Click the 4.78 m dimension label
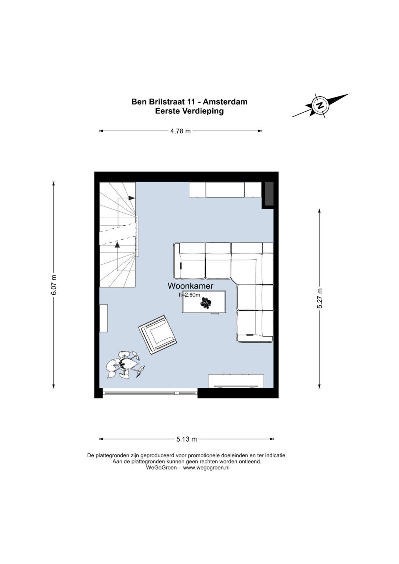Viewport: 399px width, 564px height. click(180, 131)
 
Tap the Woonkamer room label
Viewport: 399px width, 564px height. click(190, 286)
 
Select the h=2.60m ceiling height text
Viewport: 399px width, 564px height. click(189, 295)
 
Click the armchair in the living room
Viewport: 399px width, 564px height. click(158, 335)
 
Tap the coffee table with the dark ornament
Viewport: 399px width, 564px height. click(204, 302)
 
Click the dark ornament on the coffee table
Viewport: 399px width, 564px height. click(206, 302)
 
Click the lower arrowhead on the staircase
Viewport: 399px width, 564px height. click(117, 245)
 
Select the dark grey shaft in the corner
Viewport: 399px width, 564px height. click(269, 194)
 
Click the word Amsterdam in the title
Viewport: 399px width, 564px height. click(225, 102)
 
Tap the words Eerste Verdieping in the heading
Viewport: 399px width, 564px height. click(189, 111)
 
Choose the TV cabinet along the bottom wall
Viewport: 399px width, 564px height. click(236, 381)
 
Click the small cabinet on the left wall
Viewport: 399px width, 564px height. click(104, 318)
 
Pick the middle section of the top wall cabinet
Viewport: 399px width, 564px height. click(225, 189)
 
